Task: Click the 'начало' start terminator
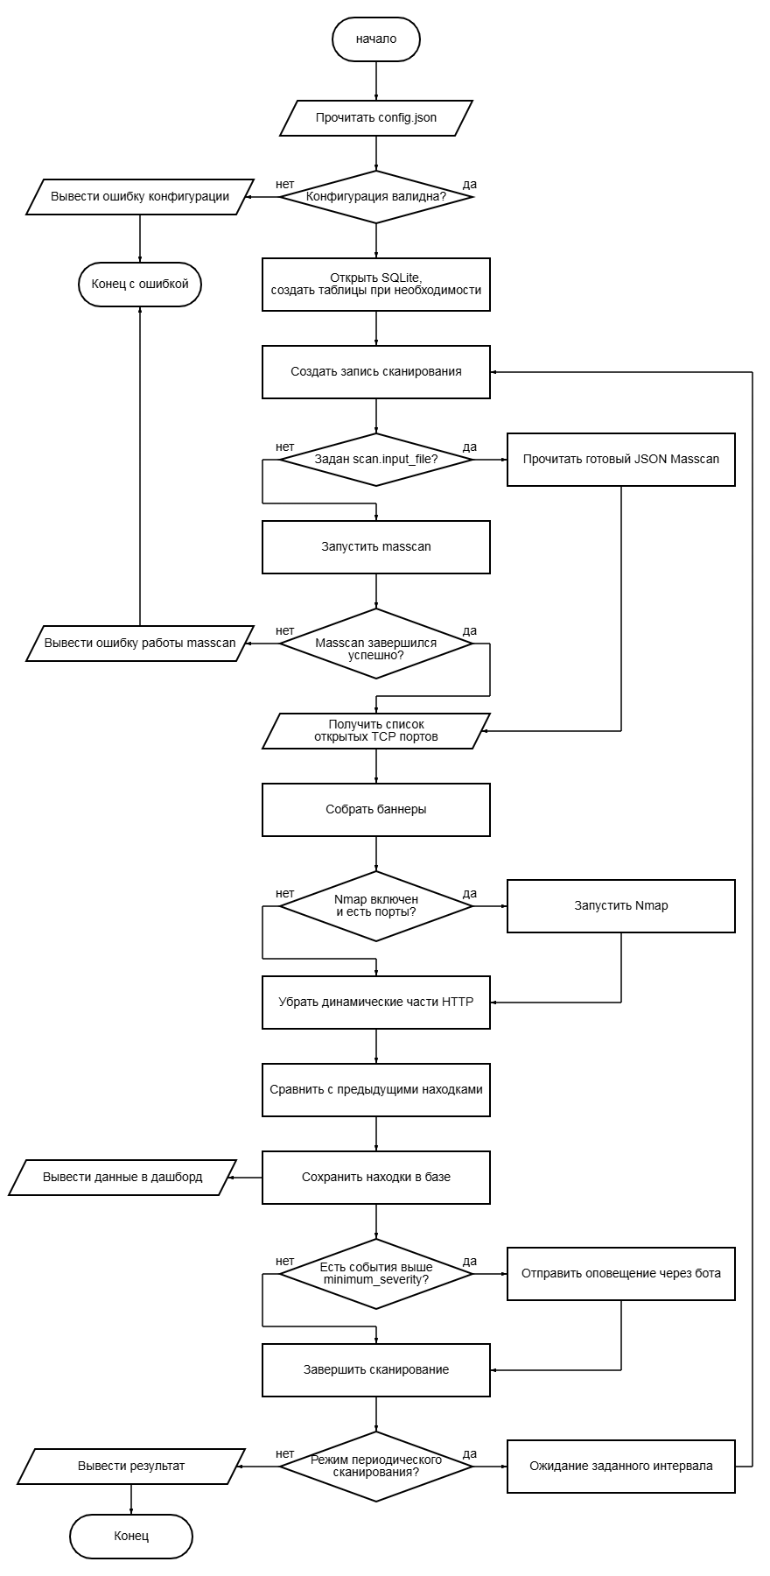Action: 376,39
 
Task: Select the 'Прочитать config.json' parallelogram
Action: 376,118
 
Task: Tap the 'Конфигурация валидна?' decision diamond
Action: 376,197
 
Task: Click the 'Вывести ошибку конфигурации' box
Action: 140,197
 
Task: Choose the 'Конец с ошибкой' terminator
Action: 140,285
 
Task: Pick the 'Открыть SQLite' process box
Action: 376,285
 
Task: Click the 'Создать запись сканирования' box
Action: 376,372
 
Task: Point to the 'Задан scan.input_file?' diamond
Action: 376,460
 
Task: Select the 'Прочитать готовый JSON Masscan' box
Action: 621,460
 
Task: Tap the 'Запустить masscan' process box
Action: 376,547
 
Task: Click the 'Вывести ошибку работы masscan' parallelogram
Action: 140,644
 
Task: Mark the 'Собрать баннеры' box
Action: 376,810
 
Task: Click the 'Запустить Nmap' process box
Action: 621,906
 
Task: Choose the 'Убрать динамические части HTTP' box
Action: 376,1003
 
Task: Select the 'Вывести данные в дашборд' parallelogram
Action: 122,1178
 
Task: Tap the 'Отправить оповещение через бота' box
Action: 621,1274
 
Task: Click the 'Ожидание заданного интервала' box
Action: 621,1467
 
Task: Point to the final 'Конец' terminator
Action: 131,1537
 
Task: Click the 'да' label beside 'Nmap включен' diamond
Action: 470,894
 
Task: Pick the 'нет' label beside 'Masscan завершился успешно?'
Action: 285,631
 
